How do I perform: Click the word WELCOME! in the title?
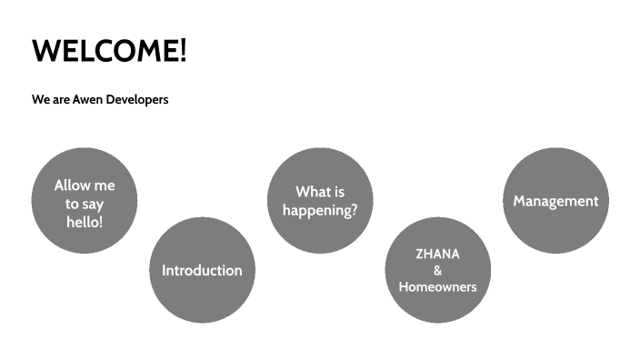108,50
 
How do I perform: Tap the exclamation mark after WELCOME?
182,50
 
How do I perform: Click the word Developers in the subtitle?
137,99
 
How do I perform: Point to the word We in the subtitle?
40,99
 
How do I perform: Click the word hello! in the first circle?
85,221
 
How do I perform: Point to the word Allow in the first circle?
73,185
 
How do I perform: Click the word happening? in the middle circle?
320,210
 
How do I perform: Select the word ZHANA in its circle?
437,254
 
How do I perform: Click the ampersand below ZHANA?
437,270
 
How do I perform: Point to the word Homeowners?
437,286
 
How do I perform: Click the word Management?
555,201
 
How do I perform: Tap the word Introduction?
202,270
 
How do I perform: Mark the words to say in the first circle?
85,204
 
